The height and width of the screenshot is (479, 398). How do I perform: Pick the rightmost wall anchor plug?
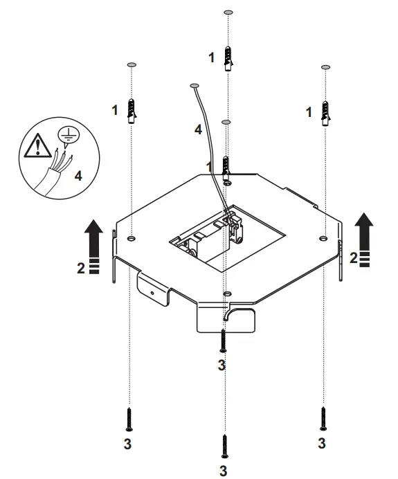pos(324,111)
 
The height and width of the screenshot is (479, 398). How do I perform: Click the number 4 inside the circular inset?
pos(78,176)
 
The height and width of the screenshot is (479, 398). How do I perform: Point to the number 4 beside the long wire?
pos(197,129)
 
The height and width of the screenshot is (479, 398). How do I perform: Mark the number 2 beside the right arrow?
pos(353,258)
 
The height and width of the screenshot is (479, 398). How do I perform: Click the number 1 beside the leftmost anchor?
pos(116,109)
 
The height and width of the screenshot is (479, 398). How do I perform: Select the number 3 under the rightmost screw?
pos(322,440)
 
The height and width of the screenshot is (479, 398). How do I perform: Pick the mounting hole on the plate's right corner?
pos(323,237)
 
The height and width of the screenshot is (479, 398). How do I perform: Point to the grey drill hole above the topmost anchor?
pos(229,12)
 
